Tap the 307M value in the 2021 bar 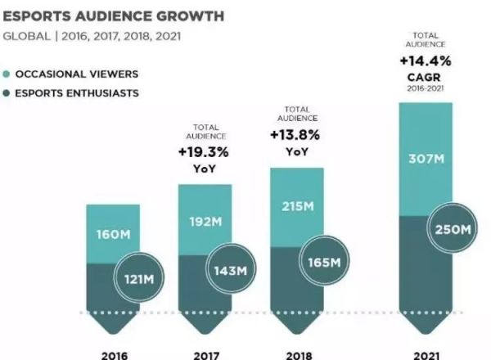pyautogui.click(x=426, y=158)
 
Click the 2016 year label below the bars pyautogui.click(x=113, y=355)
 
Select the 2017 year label pyautogui.click(x=205, y=355)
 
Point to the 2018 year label pyautogui.click(x=297, y=355)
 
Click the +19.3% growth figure pyautogui.click(x=205, y=151)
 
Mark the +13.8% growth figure pyautogui.click(x=296, y=136)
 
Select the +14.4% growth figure pyautogui.click(x=426, y=61)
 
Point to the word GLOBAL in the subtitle pyautogui.click(x=25, y=36)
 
